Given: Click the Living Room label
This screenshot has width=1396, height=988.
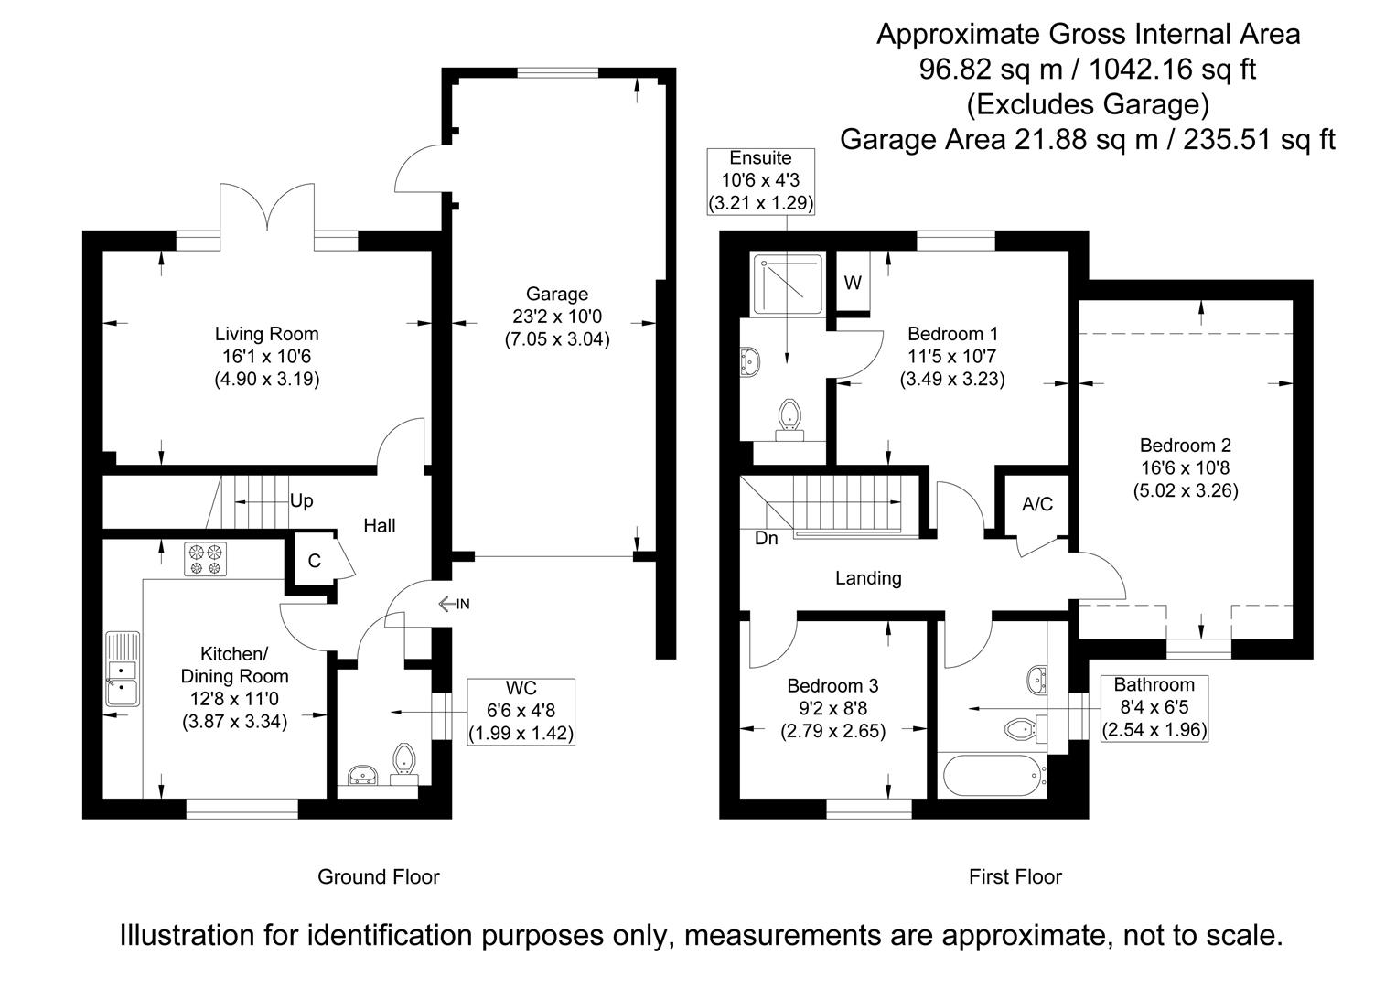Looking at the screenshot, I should [x=266, y=334].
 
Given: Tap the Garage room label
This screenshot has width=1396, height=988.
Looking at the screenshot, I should [x=556, y=295].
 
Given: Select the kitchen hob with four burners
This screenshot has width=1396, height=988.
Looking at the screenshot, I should [x=205, y=560].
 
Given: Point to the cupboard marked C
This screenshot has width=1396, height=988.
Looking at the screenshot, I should [x=314, y=561].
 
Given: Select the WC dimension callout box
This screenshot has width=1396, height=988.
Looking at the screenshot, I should [x=521, y=711].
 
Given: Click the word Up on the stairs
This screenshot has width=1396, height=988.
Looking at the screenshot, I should [x=301, y=500].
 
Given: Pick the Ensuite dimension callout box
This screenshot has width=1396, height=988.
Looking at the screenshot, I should [x=760, y=180].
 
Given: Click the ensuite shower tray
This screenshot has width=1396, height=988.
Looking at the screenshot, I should [x=789, y=278].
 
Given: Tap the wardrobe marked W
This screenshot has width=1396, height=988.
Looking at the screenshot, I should [x=853, y=284].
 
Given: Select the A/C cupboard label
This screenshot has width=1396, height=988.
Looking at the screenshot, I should [x=1037, y=504].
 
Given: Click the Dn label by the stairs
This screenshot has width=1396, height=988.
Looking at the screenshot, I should [x=767, y=539].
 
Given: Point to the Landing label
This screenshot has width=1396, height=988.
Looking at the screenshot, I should [x=868, y=578].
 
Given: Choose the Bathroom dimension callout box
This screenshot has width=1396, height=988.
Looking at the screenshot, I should [x=1154, y=707].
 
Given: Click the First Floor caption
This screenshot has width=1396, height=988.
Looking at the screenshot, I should [x=1015, y=877].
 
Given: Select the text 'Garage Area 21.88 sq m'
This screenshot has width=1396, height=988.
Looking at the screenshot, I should [x=994, y=140].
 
